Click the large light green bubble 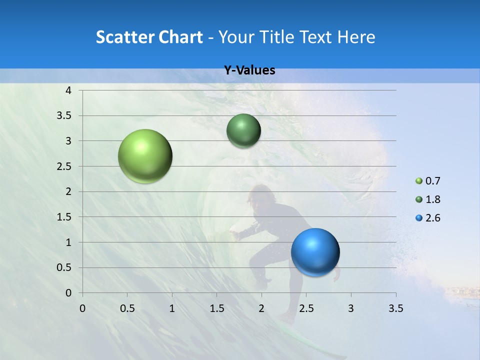[x=145, y=156]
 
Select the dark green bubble [x=243, y=130]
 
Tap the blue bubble [x=315, y=252]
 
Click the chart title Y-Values [x=249, y=70]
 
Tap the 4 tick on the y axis [x=68, y=90]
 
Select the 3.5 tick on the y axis [x=65, y=115]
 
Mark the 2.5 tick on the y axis [x=65, y=166]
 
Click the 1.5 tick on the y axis [x=65, y=217]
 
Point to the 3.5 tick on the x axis [x=395, y=308]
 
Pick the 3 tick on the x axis [x=350, y=308]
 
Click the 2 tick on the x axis [x=261, y=308]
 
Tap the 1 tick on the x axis [x=172, y=308]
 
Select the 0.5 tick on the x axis [x=127, y=308]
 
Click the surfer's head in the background [x=261, y=193]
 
